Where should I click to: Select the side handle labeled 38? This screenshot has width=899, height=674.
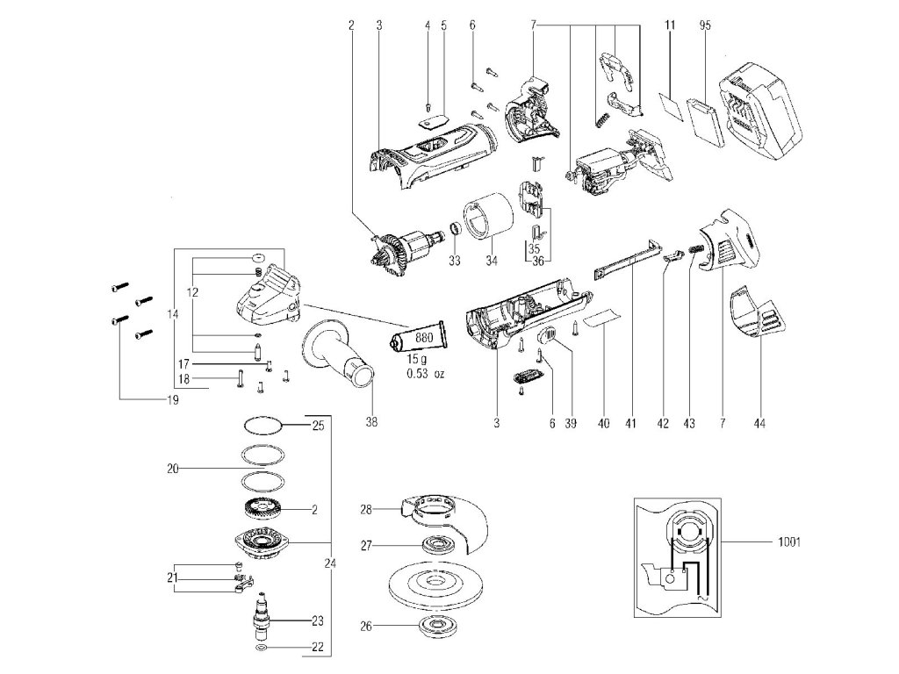339,355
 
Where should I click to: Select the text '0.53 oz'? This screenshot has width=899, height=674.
426,375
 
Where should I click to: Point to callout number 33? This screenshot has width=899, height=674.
454,261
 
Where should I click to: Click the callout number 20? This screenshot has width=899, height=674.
173,470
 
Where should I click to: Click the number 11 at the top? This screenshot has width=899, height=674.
670,25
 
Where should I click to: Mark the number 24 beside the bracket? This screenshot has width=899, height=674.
330,563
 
